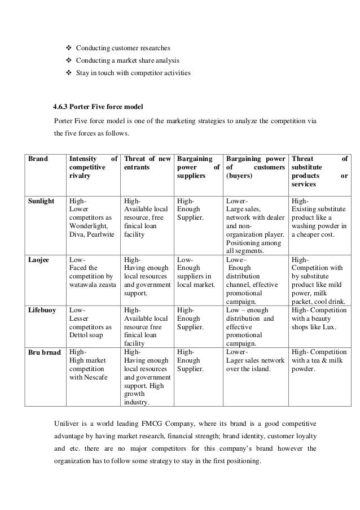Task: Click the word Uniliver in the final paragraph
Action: (x=67, y=424)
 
